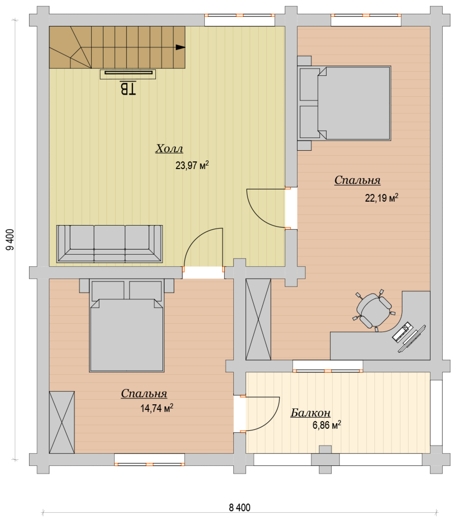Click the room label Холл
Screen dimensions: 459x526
click(x=169, y=149)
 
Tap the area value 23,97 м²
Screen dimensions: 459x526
click(x=192, y=165)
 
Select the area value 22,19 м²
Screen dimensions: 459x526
click(x=381, y=198)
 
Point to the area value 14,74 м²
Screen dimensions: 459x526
click(x=157, y=408)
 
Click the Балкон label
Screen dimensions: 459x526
click(x=311, y=413)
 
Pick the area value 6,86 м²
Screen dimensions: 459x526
click(x=327, y=425)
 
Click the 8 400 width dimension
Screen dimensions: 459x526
click(x=239, y=507)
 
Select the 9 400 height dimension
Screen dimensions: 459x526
click(x=10, y=240)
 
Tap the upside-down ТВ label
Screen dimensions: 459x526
click(x=128, y=88)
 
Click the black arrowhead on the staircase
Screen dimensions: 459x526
click(x=180, y=47)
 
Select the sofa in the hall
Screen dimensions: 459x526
click(x=109, y=244)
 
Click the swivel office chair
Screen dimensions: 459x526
click(x=374, y=310)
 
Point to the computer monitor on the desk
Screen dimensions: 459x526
click(x=412, y=339)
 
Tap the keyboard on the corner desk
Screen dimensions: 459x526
click(x=402, y=332)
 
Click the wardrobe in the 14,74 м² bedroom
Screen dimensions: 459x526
click(x=62, y=422)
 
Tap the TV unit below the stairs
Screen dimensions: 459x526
click(x=128, y=74)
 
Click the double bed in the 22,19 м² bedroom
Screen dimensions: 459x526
click(x=344, y=103)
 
